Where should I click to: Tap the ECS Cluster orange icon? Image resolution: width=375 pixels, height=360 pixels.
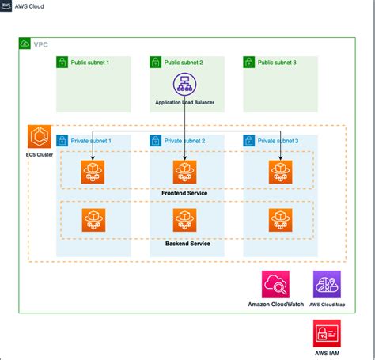pos(39,136)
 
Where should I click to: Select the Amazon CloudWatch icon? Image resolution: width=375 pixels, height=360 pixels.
pos(275,284)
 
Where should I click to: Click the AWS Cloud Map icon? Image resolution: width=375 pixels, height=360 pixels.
pos(327,284)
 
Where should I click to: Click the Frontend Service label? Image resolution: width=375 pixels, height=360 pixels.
pos(184,192)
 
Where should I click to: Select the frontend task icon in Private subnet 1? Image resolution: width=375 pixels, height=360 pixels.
pos(92,172)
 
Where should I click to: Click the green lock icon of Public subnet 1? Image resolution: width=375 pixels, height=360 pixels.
pos(62,62)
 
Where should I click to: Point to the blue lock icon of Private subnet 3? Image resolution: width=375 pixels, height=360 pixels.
pos(248,140)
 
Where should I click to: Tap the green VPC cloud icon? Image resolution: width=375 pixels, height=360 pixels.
pos(25,44)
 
